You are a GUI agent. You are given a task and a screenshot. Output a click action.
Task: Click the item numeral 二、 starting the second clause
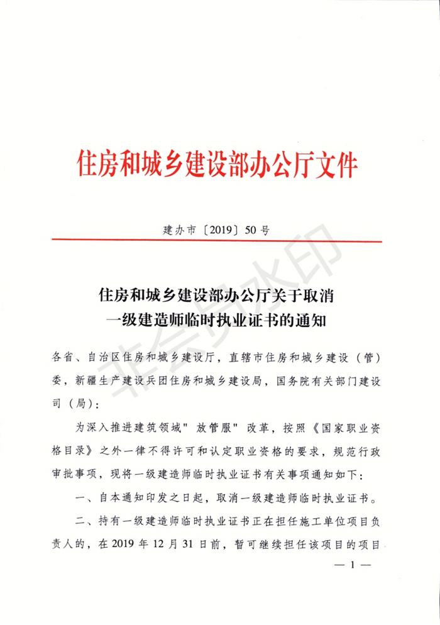(x=84, y=521)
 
